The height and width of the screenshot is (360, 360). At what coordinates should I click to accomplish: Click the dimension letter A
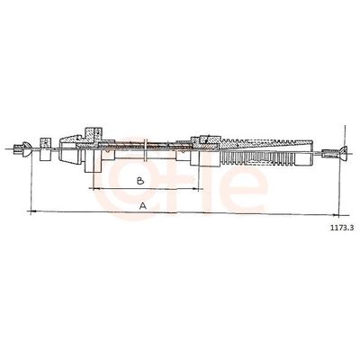point(143,206)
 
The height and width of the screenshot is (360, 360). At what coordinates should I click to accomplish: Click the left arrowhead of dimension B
point(92,189)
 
